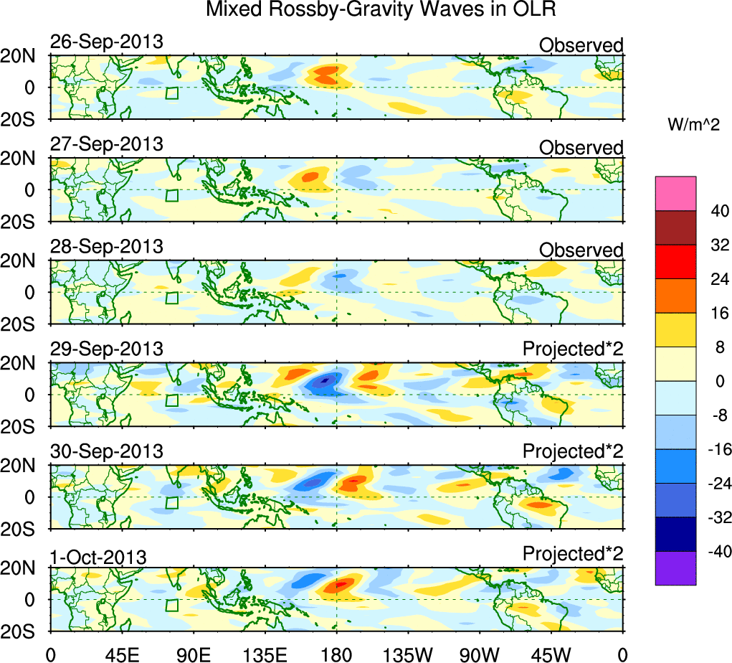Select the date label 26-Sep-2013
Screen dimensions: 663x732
click(x=106, y=42)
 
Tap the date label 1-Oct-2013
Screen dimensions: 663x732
click(x=98, y=556)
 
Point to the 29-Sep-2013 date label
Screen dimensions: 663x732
click(x=106, y=349)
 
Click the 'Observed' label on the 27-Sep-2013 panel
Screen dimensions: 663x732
click(x=581, y=148)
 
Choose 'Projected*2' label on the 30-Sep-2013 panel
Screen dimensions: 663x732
click(x=573, y=452)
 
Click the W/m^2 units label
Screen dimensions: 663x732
click(x=693, y=126)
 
